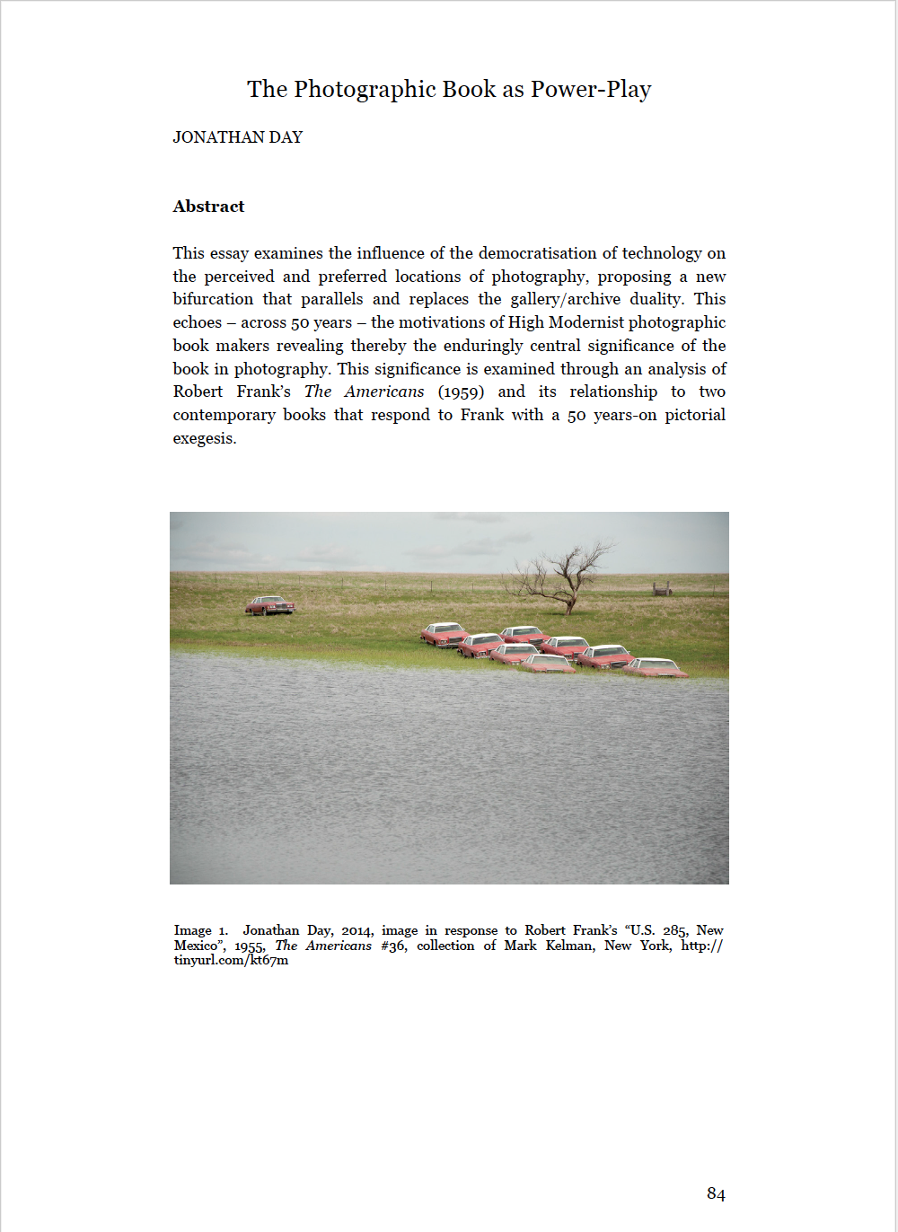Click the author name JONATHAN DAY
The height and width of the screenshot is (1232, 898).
(238, 137)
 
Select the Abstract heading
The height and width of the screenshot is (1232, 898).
(208, 207)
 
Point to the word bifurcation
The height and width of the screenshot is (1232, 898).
(213, 299)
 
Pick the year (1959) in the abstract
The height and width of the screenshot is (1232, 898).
(461, 392)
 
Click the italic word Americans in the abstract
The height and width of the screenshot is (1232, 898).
(383, 392)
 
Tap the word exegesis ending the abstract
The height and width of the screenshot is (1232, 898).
(204, 438)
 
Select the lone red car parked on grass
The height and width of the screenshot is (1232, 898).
(269, 605)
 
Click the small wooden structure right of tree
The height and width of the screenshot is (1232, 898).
(662, 589)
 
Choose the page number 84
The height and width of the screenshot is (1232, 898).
(716, 1193)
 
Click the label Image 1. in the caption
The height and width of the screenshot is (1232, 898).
(201, 930)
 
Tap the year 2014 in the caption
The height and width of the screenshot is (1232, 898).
(357, 930)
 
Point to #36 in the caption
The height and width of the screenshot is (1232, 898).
(392, 946)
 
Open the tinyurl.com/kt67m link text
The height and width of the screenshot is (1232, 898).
(231, 960)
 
